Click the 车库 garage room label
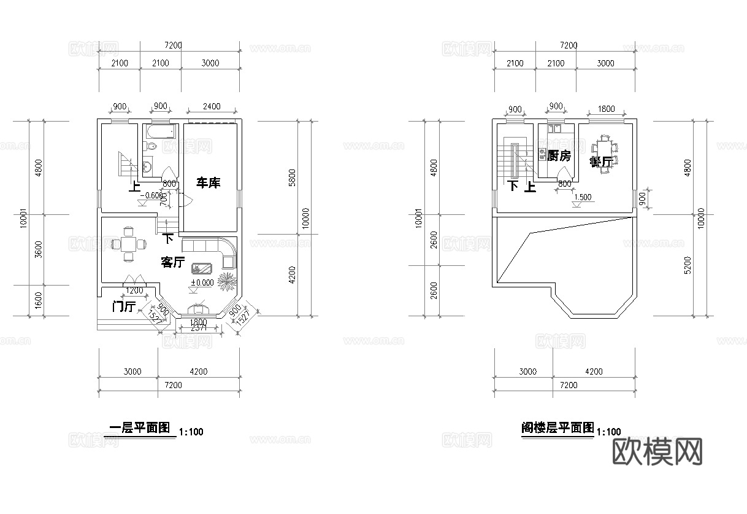pos(208,182)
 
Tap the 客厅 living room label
pos(173,262)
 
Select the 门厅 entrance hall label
pos(123,306)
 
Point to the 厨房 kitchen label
pos(559,156)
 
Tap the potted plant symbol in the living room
pos(228,281)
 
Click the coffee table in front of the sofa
pos(202,268)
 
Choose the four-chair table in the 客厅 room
pos(129,243)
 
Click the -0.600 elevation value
pos(150,196)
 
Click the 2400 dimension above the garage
pos(211,106)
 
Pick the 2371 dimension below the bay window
pos(199,329)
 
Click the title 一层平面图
pos(139,429)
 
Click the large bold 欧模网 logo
pos(657,452)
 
